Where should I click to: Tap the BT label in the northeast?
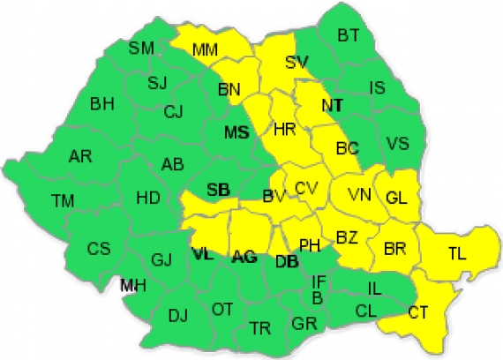tap(349, 36)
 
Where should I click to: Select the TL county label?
tap(456, 253)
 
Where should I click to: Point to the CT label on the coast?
tap(418, 311)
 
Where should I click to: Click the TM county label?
tap(63, 201)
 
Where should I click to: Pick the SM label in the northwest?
tap(141, 48)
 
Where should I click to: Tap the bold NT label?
tap(332, 105)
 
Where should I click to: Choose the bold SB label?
tap(217, 188)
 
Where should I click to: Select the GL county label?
tap(396, 198)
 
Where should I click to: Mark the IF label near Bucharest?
tap(319, 281)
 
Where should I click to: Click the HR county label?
tap(284, 130)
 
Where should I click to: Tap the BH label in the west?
tap(102, 104)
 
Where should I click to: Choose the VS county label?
tap(398, 142)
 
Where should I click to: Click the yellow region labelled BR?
tap(395, 251)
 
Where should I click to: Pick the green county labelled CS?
tap(99, 249)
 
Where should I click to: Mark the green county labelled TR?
tap(259, 327)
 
